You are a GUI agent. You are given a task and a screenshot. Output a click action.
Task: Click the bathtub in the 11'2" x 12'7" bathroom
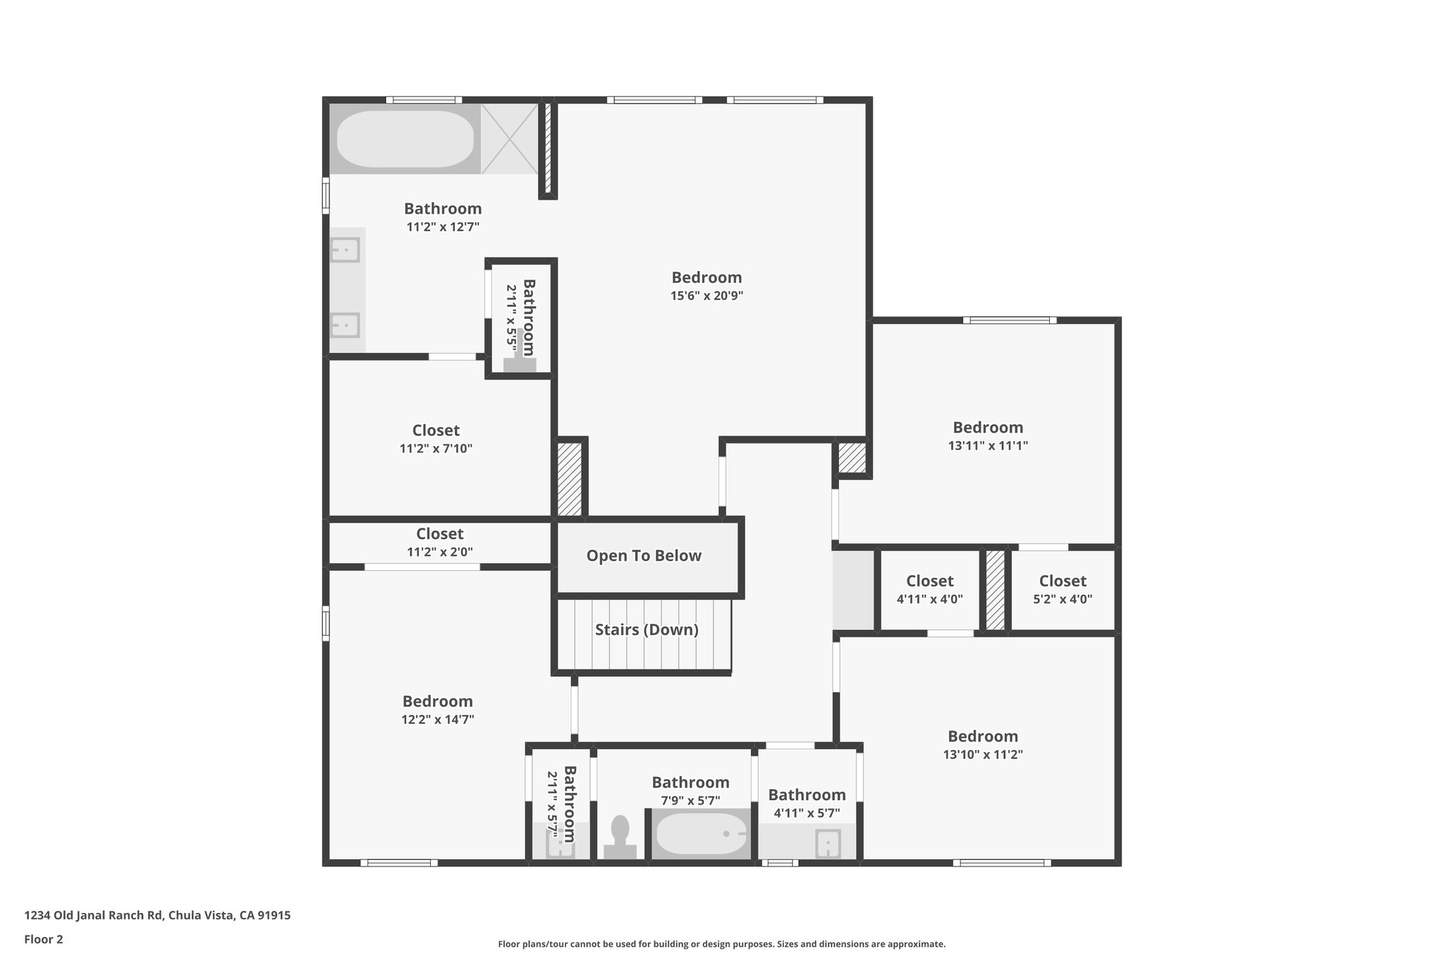pos(405,139)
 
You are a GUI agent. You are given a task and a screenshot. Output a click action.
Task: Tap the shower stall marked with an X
pos(510,139)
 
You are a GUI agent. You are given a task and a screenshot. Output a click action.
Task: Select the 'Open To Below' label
pos(644,556)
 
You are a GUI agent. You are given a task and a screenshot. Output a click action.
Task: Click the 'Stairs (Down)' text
pos(647,629)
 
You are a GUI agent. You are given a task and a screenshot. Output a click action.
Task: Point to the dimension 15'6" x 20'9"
pos(706,296)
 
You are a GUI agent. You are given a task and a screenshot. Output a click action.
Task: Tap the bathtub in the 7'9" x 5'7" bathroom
pos(701,834)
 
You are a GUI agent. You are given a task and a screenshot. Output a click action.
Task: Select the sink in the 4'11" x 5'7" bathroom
pos(828,843)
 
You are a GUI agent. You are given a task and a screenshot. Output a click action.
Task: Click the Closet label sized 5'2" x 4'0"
pos(1063,581)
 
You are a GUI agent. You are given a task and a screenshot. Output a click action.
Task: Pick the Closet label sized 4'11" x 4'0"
pos(929,581)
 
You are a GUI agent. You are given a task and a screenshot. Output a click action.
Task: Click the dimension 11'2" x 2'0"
pos(439,552)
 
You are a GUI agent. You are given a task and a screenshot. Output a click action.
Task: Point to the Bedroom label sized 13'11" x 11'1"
pos(988,428)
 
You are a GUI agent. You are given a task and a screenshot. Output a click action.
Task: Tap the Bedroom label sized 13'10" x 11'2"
pos(982,737)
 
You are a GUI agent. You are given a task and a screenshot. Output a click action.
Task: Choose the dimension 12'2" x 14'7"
pos(437,720)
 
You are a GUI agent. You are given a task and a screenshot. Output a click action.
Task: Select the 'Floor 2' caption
pos(44,939)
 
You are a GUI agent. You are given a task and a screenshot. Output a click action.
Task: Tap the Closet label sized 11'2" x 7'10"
pos(436,430)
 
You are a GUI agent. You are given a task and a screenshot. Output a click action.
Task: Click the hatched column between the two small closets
pos(995,590)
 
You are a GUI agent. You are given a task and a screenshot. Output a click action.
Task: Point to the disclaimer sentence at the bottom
pos(721,944)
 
